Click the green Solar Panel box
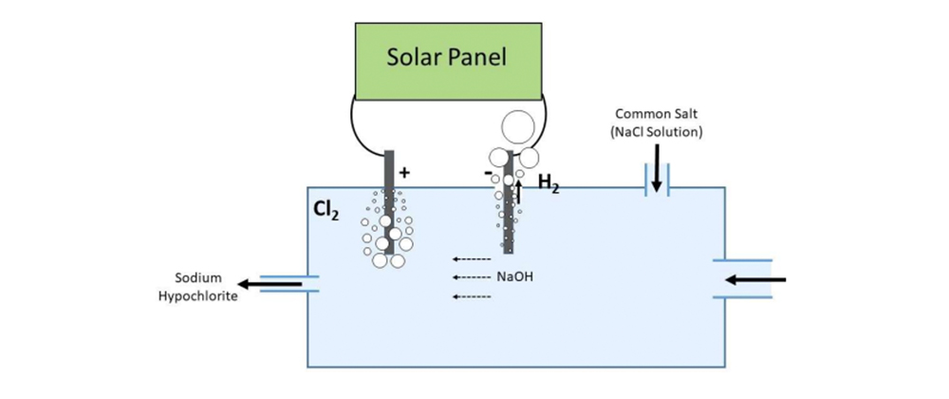pyautogui.click(x=447, y=56)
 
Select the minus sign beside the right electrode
pyautogui.click(x=488, y=175)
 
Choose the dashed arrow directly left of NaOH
pyautogui.click(x=470, y=277)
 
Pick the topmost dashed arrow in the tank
pyautogui.click(x=470, y=258)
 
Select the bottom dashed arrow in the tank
pyautogui.click(x=470, y=296)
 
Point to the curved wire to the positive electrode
pyautogui.click(x=362, y=133)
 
